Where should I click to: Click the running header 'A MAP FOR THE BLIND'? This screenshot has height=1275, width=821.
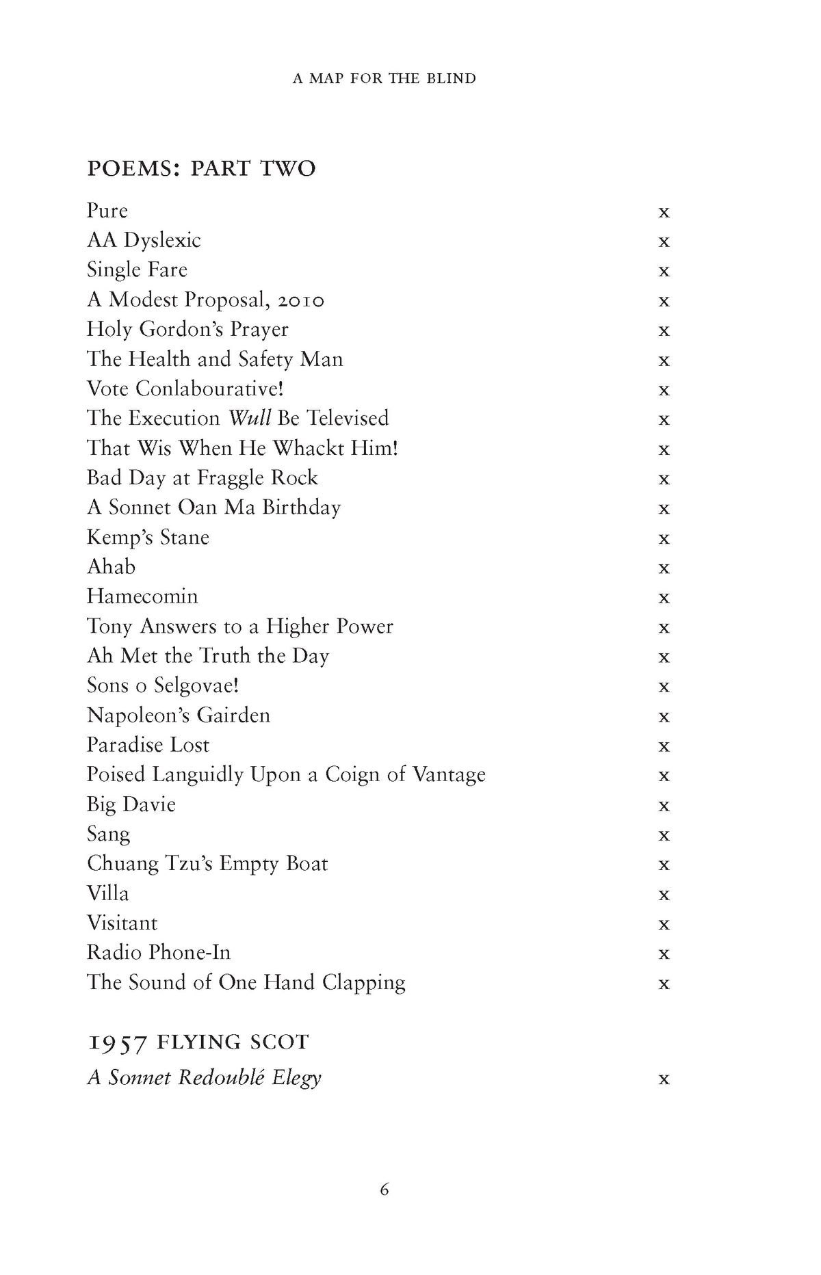point(384,79)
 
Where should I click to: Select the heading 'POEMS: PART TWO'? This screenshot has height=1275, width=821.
point(201,168)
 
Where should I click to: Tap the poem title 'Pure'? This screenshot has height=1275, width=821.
point(107,211)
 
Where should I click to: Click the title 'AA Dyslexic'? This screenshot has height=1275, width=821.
point(144,241)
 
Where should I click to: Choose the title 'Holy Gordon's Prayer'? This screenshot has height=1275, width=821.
point(187,330)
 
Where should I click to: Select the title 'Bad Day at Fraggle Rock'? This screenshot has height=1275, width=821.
point(203,477)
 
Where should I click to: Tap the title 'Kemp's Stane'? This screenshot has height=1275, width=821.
point(148,538)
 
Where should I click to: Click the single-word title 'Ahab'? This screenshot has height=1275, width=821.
point(112,567)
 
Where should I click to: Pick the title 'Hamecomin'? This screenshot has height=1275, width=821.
point(142,596)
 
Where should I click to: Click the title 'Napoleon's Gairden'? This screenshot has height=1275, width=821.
point(179,715)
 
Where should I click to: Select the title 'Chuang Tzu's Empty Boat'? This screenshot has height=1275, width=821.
point(207,864)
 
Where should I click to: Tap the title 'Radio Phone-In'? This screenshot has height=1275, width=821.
point(159,953)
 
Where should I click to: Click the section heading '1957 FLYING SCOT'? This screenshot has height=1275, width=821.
point(198,1042)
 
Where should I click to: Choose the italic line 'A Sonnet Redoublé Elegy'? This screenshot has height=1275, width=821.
point(205,1078)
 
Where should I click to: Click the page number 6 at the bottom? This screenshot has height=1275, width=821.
point(385,1189)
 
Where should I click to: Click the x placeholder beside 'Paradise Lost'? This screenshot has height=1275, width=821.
point(664,746)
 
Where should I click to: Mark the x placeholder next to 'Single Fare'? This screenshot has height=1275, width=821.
point(664,272)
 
